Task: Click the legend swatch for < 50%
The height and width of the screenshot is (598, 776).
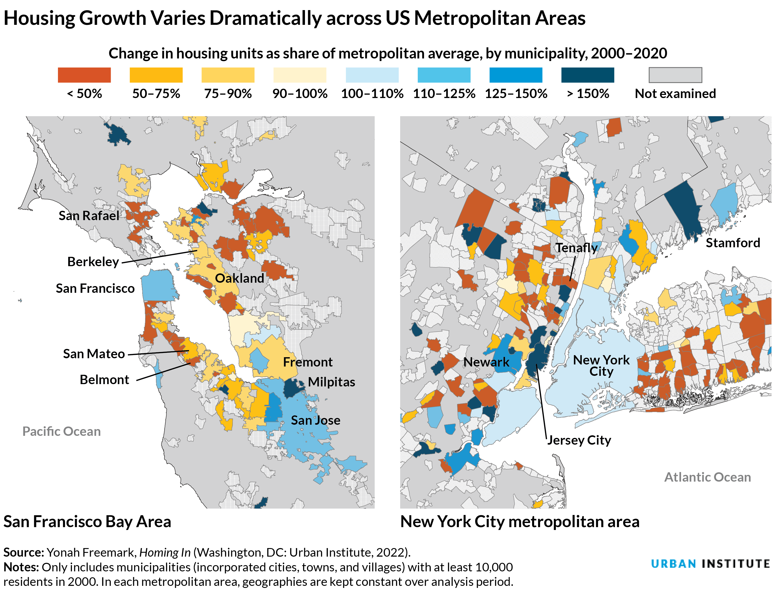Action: pyautogui.click(x=84, y=75)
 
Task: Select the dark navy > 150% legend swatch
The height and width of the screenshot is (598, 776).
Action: pyautogui.click(x=587, y=75)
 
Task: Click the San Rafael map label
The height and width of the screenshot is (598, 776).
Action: pyautogui.click(x=89, y=216)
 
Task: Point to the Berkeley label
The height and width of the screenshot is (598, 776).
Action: pyautogui.click(x=93, y=262)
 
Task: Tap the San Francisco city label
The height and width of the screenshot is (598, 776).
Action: pyautogui.click(x=95, y=288)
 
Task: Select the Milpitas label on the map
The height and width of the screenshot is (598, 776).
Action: pyautogui.click(x=331, y=382)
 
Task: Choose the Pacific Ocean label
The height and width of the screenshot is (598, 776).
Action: pyautogui.click(x=62, y=431)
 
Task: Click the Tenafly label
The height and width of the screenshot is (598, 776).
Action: pyautogui.click(x=576, y=248)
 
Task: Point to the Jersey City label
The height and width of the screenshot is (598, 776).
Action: pyautogui.click(x=579, y=440)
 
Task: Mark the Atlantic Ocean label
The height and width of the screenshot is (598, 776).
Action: pyautogui.click(x=707, y=477)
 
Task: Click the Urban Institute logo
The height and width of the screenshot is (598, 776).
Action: pyautogui.click(x=710, y=564)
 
